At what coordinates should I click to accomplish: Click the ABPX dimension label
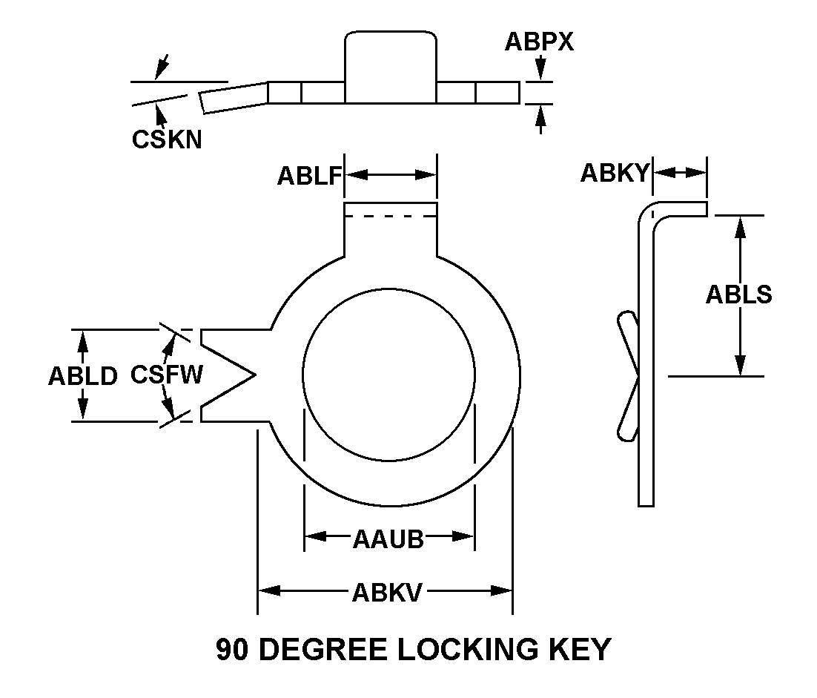click(x=539, y=42)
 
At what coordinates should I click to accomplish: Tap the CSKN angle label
click(x=167, y=139)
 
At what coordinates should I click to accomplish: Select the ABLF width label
click(x=309, y=176)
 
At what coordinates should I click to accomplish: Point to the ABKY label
click(x=615, y=173)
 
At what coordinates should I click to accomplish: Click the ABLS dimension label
click(x=738, y=294)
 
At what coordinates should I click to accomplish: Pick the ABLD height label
click(x=83, y=376)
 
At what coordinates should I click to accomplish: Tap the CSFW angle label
click(x=166, y=375)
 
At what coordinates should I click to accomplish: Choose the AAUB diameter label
click(x=388, y=539)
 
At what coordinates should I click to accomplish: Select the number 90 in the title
click(x=231, y=650)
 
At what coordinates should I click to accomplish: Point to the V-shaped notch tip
click(x=254, y=375)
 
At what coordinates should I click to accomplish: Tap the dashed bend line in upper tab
click(x=390, y=217)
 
